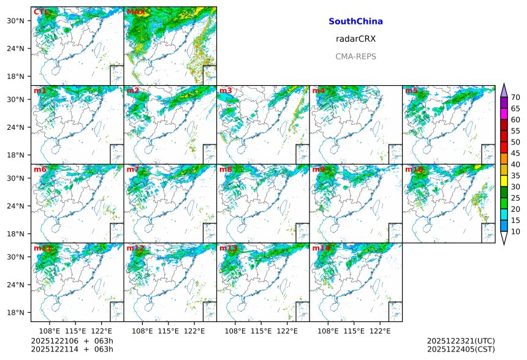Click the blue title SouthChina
click(355, 21)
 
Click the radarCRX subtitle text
click(355, 39)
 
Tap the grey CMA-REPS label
click(355, 56)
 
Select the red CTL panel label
click(40, 12)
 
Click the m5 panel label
click(411, 91)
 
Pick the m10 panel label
click(413, 169)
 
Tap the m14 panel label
click(320, 248)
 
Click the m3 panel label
click(226, 91)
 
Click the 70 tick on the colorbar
click(515, 97)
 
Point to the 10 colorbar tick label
click(515, 231)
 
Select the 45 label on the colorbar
click(515, 153)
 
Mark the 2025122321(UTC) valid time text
click(460, 341)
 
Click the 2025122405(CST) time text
click(460, 349)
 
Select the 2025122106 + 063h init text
click(67, 341)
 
